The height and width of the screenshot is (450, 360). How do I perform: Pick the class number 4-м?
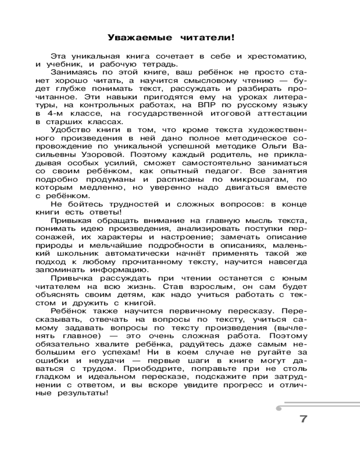62,114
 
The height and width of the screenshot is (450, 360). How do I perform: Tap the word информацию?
122,270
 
